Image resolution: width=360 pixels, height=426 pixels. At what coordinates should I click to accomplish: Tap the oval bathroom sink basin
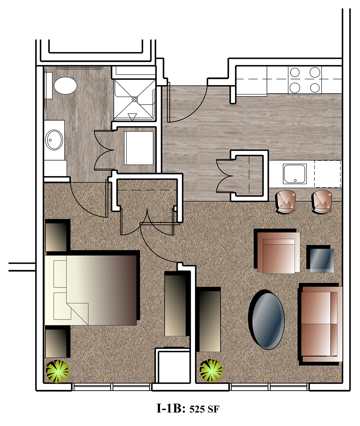pyautogui.click(x=54, y=140)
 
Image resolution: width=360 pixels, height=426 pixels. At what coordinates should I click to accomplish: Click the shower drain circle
pyautogui.click(x=134, y=99)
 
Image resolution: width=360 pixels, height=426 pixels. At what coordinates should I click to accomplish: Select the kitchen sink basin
pyautogui.click(x=295, y=174)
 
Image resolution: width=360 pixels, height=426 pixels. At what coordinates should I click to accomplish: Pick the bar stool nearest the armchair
pyautogui.click(x=286, y=202)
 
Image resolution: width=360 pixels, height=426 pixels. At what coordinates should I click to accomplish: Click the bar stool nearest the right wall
pyautogui.click(x=322, y=202)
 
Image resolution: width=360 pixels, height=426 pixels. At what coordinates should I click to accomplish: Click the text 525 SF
pyautogui.click(x=204, y=409)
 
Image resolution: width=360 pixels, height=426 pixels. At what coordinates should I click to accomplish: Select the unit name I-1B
pyautogui.click(x=171, y=408)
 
